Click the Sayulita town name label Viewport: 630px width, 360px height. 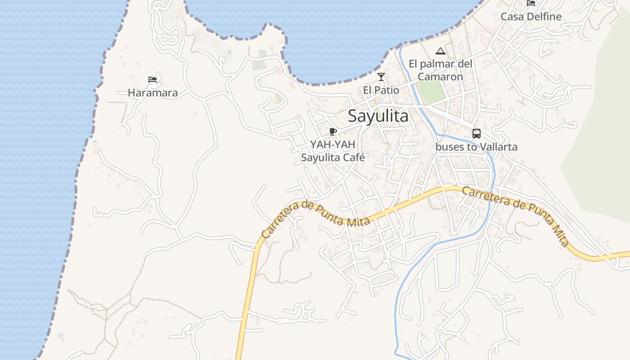click(378, 116)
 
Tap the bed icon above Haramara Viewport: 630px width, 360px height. click(153, 80)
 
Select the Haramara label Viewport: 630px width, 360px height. click(153, 93)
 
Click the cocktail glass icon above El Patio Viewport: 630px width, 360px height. click(381, 77)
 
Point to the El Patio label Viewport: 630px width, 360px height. click(381, 90)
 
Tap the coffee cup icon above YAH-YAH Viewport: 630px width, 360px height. click(333, 131)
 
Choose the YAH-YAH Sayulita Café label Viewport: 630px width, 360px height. click(333, 151)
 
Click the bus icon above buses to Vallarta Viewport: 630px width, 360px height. click(476, 134)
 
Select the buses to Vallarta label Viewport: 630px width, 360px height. click(477, 147)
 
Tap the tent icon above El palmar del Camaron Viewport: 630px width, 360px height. click(440, 51)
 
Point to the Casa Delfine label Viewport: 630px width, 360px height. click(531, 17)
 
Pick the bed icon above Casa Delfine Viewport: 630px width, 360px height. click(531, 3)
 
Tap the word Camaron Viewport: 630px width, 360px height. click(440, 77)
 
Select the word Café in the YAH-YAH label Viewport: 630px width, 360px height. click(353, 157)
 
